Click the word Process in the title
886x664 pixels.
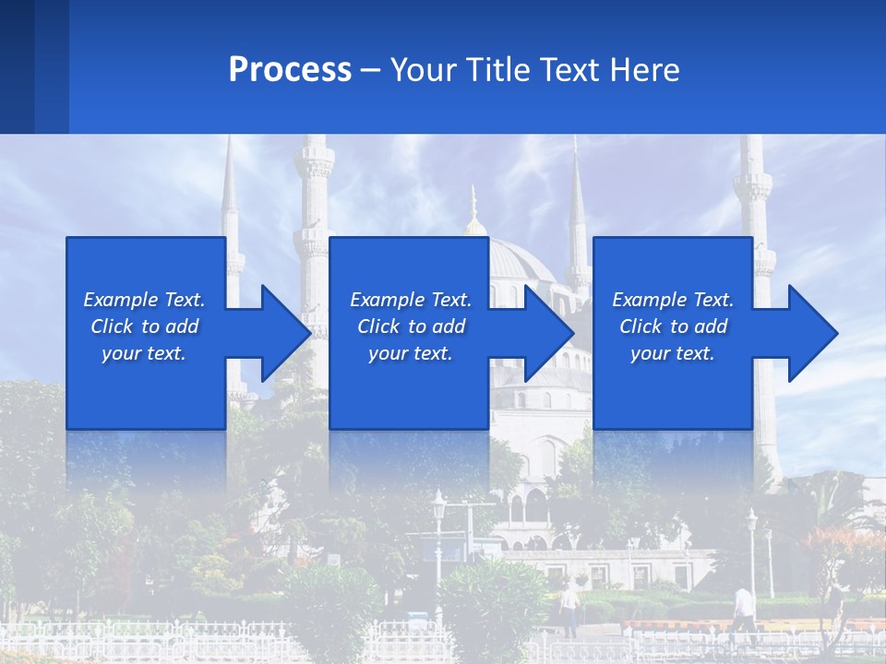(x=290, y=70)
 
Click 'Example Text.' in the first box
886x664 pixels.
(x=144, y=300)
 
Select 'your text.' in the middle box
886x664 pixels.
(x=410, y=353)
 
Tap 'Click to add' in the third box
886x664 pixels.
(x=673, y=326)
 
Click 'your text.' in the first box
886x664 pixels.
(x=144, y=353)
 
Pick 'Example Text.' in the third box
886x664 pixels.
(x=673, y=300)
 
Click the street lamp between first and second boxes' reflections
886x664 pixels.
(x=439, y=516)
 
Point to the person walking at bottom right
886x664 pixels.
(x=744, y=609)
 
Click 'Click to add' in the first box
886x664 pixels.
(x=144, y=326)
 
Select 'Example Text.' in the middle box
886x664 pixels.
(x=410, y=300)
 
